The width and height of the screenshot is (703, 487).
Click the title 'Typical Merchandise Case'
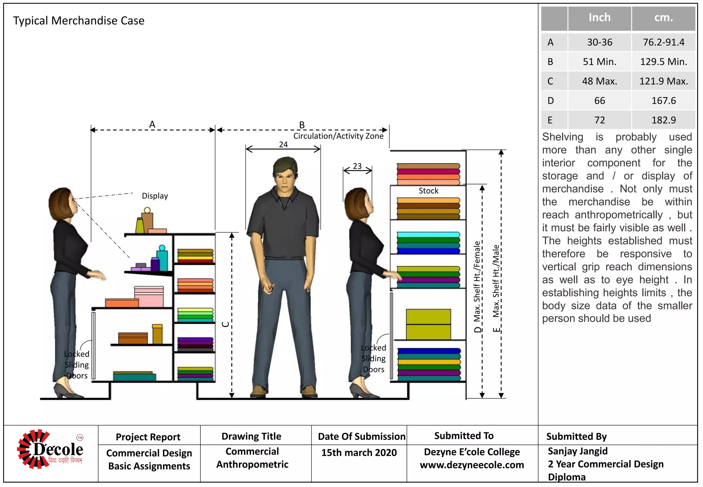click(x=79, y=21)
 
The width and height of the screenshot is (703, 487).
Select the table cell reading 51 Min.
click(x=599, y=62)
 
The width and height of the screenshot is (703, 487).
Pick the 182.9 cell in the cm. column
click(x=664, y=120)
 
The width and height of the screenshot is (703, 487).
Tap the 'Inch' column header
click(x=599, y=18)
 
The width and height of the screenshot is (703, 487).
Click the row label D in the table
click(x=551, y=101)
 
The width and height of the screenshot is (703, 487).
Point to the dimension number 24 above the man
click(x=283, y=145)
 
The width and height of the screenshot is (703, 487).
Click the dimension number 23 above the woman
click(x=357, y=166)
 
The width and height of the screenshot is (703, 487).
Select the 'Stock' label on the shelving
click(x=428, y=191)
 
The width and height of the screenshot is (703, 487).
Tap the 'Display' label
click(x=155, y=196)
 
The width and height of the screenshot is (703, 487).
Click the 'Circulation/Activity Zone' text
click(x=338, y=136)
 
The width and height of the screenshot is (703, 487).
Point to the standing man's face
click(x=285, y=180)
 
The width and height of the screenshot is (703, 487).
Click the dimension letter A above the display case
click(x=152, y=124)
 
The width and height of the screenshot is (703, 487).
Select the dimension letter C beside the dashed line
click(x=226, y=324)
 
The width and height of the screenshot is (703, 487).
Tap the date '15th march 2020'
click(x=359, y=453)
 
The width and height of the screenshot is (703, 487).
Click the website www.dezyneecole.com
click(x=472, y=465)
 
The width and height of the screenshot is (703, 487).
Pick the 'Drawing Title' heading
click(x=251, y=436)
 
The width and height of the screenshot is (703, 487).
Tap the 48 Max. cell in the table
click(x=599, y=81)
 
